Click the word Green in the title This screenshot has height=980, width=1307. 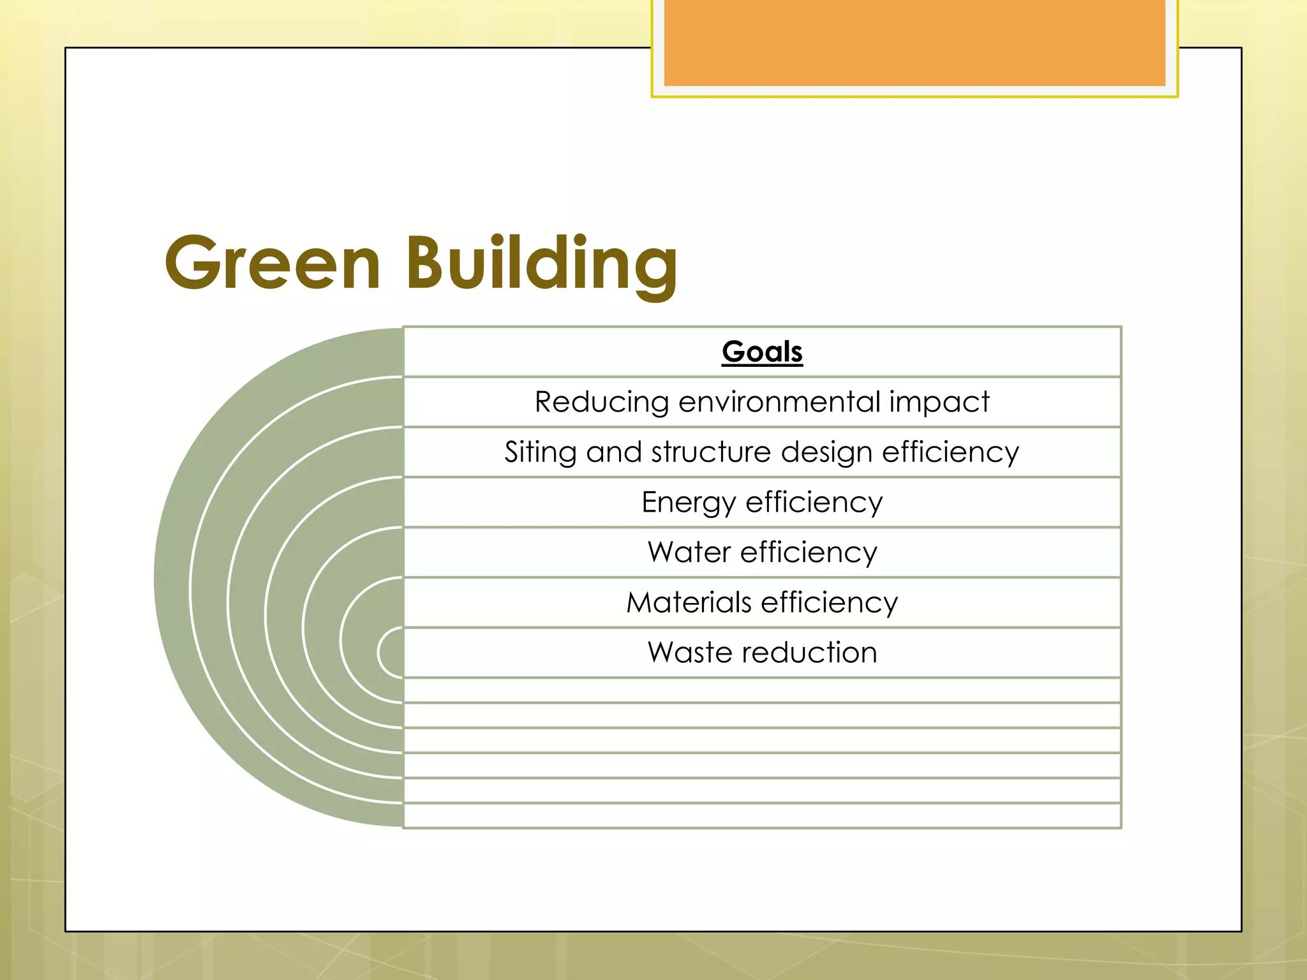tap(273, 263)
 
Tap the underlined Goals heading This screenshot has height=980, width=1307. tap(762, 352)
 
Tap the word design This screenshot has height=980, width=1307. tap(826, 452)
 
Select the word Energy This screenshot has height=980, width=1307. tap(688, 503)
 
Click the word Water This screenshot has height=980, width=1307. tap(689, 553)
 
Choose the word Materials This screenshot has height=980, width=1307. tap(689, 602)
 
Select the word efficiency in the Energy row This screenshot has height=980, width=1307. tap(814, 503)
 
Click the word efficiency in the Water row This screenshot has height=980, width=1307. tap(809, 553)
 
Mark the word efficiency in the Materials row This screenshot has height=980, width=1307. tap(830, 602)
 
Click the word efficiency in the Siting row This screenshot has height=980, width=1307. tap(950, 452)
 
